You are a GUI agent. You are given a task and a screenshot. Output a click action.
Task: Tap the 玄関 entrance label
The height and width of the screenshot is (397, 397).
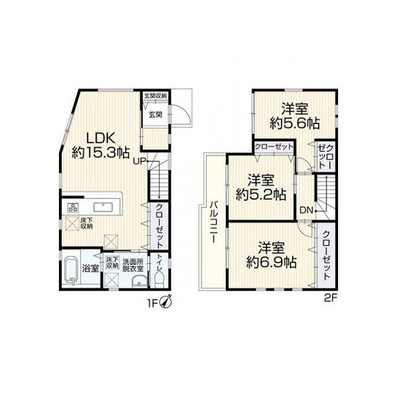155,115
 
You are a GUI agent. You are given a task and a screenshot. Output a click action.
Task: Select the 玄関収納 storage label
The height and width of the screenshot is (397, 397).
156,96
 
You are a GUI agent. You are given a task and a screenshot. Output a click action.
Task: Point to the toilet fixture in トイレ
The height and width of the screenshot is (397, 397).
160,279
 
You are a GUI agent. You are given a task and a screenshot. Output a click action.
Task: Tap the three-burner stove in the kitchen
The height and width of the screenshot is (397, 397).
73,208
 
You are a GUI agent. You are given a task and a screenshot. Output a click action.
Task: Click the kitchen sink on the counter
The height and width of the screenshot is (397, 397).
104,207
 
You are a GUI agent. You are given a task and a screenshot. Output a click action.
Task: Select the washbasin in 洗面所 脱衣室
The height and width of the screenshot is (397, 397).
140,282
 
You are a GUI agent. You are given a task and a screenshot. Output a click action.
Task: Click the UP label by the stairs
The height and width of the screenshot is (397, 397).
140,161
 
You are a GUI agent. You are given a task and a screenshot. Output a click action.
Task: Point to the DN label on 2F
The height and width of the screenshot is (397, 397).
306,210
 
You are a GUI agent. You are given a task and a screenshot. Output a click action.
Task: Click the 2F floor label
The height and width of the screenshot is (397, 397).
331,298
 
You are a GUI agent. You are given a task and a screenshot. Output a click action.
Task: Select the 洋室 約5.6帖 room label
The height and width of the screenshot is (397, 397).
295,117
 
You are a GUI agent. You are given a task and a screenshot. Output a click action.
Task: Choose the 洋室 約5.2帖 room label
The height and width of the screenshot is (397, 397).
261,187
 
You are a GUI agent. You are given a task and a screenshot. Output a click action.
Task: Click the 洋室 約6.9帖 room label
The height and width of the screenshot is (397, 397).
272,255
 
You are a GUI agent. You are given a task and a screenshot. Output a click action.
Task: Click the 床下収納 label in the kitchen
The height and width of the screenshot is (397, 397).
86,223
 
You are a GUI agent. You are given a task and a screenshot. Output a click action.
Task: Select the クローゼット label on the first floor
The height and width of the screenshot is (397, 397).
159,226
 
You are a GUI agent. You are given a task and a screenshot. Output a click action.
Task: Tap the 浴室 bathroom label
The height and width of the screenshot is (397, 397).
91,269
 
